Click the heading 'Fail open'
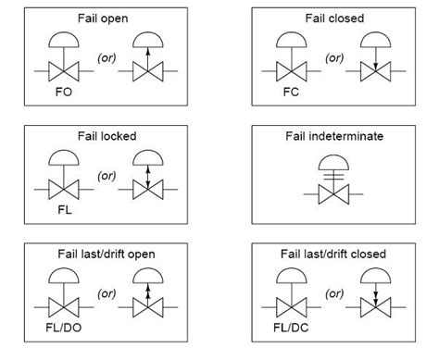[104, 19]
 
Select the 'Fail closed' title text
[333, 19]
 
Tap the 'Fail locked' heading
[104, 136]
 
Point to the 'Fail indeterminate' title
[333, 136]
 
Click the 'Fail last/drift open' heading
[104, 253]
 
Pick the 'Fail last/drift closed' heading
[333, 253]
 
